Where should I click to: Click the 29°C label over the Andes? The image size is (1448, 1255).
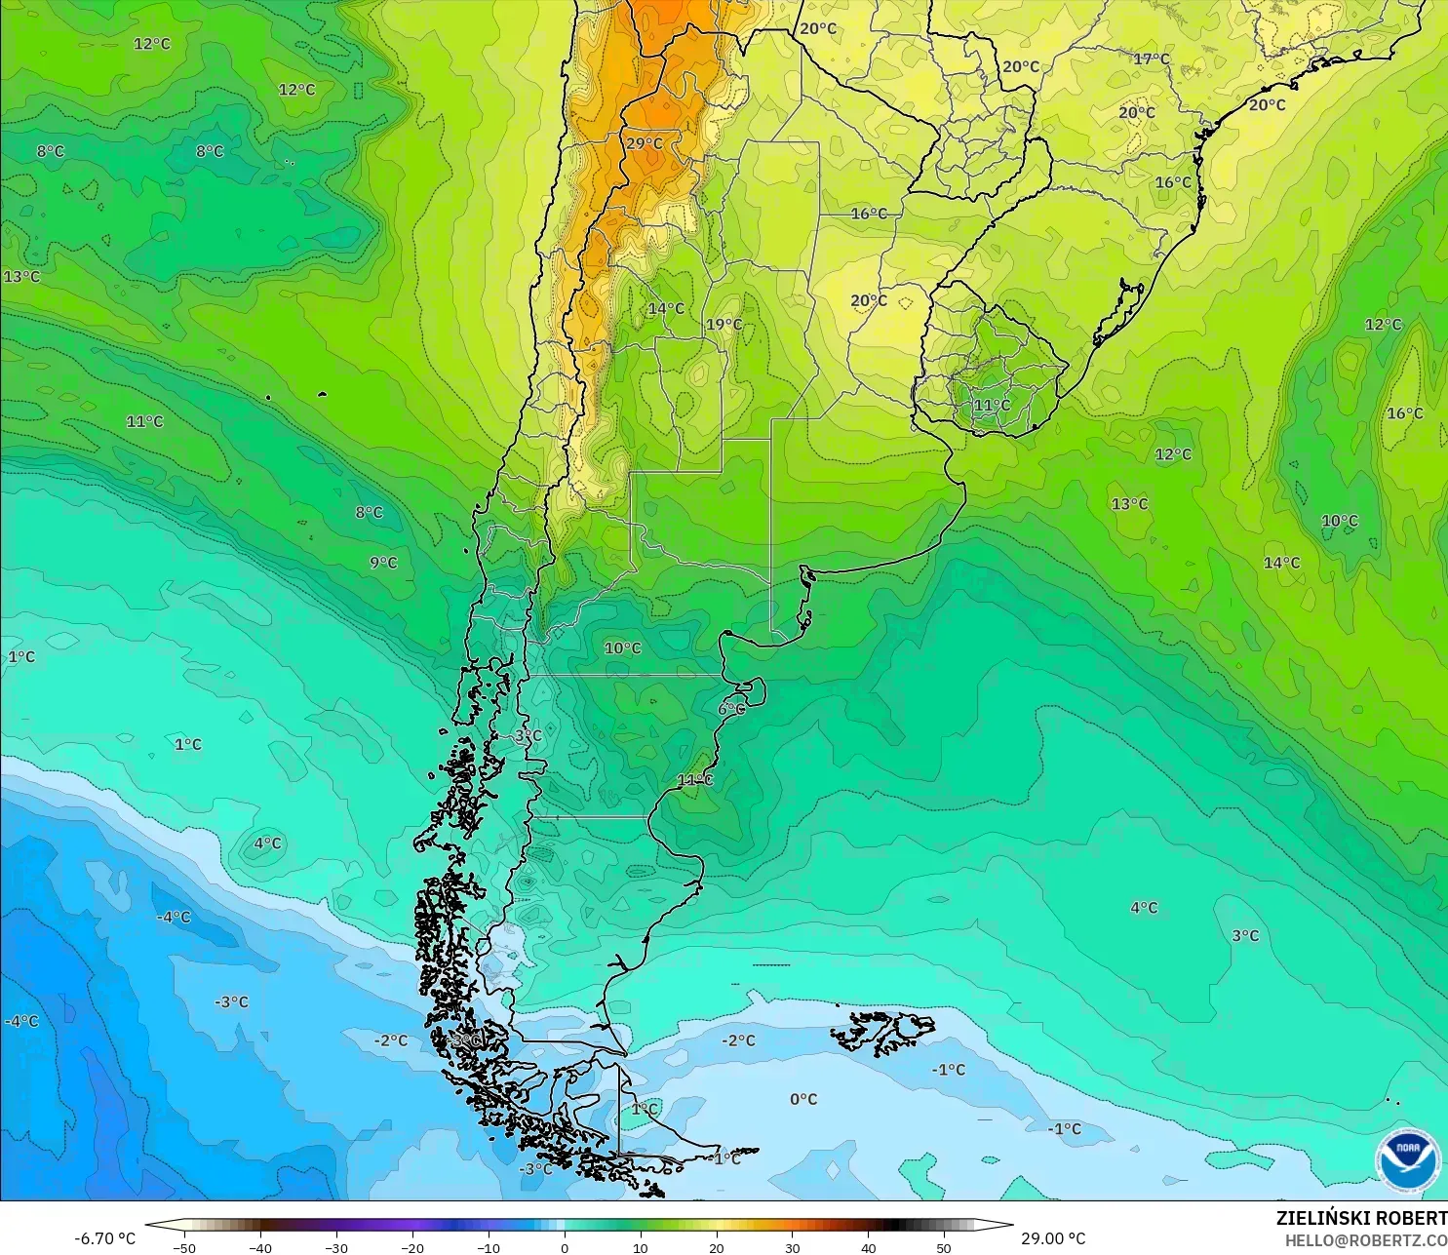tap(644, 143)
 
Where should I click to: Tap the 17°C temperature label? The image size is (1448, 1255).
tap(1152, 59)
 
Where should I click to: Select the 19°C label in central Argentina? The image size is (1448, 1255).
tap(724, 325)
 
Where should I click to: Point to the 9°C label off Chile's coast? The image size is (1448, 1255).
tap(383, 563)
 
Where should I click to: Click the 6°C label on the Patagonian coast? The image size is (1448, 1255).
tap(731, 709)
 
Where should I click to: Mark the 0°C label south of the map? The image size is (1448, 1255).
tap(803, 1099)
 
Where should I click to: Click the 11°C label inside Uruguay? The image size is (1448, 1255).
tap(992, 405)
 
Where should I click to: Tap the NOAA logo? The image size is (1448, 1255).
tap(1407, 1159)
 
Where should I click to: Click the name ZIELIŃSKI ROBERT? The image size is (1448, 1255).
tap(1361, 1218)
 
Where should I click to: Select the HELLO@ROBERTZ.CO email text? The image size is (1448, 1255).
tap(1365, 1240)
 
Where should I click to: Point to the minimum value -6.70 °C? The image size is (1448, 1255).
tap(105, 1238)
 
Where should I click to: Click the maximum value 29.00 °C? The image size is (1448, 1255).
tap(1053, 1238)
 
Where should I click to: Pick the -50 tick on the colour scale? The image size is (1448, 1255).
tap(183, 1247)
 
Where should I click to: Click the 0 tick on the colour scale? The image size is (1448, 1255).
tap(565, 1247)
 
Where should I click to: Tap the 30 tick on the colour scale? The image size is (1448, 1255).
tap(793, 1247)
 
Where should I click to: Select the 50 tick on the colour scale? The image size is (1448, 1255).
tap(944, 1247)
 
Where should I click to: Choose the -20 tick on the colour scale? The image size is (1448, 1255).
tap(411, 1247)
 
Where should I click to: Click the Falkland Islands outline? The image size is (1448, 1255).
tap(882, 1032)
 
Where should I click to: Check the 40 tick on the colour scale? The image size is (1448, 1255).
tap(868, 1247)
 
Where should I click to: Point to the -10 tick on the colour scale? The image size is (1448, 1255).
tap(488, 1247)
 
